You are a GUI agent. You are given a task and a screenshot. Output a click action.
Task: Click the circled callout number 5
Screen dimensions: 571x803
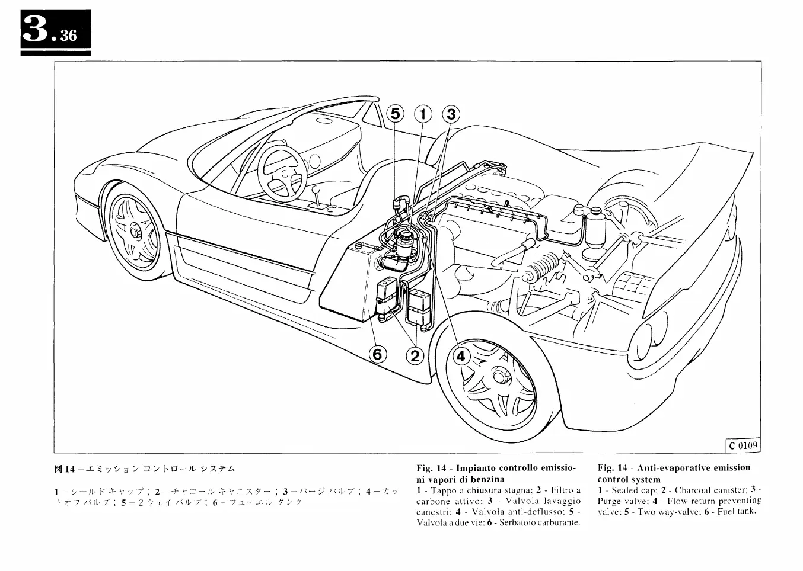pyautogui.click(x=396, y=114)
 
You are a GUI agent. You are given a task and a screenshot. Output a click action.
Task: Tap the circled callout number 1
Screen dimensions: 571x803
pyautogui.click(x=423, y=114)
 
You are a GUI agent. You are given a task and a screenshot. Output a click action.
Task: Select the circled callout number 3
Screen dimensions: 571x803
pyautogui.click(x=451, y=114)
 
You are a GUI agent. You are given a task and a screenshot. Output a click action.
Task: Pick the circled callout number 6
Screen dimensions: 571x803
pyautogui.click(x=378, y=354)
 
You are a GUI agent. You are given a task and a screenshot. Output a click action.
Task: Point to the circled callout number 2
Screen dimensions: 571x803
pyautogui.click(x=415, y=355)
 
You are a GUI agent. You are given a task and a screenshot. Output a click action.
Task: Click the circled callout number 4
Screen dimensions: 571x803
pyautogui.click(x=461, y=355)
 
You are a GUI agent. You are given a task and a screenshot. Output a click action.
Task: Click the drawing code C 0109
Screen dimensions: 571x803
pyautogui.click(x=743, y=445)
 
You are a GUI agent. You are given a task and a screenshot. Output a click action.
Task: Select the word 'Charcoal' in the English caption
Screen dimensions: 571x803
pyautogui.click(x=694, y=490)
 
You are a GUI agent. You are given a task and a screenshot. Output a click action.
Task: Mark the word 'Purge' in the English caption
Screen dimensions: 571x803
pyautogui.click(x=609, y=501)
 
